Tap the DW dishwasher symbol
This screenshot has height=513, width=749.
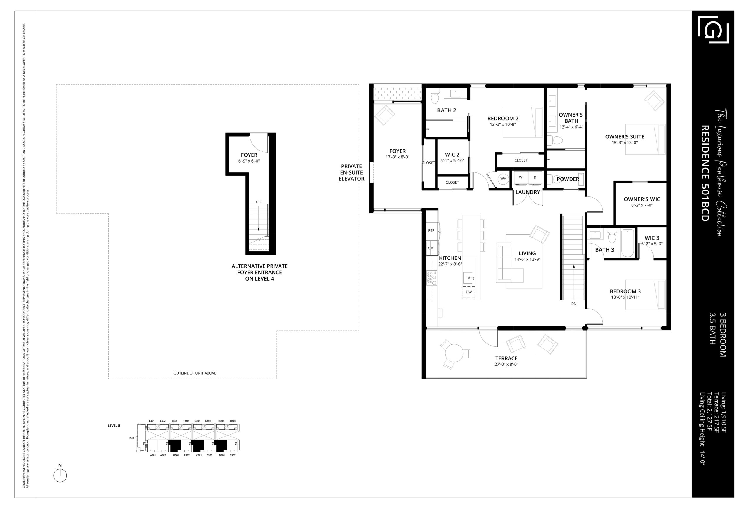(469, 292)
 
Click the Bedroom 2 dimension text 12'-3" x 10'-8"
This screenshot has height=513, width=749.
(503, 124)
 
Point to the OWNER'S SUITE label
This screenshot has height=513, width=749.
(625, 137)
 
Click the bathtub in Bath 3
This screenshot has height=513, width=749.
(628, 243)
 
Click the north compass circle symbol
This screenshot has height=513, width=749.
(60, 476)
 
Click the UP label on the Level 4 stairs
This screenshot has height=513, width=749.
(258, 202)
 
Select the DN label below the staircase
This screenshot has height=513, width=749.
(574, 304)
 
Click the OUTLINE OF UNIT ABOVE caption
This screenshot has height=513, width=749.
(195, 373)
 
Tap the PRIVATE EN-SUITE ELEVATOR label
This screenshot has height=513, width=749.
(351, 173)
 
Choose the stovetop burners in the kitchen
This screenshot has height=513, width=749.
(432, 278)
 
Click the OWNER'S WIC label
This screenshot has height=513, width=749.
(642, 199)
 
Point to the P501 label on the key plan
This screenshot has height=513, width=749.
(131, 438)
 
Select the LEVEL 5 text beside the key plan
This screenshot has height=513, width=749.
(114, 425)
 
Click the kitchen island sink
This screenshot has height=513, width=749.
(468, 278)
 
